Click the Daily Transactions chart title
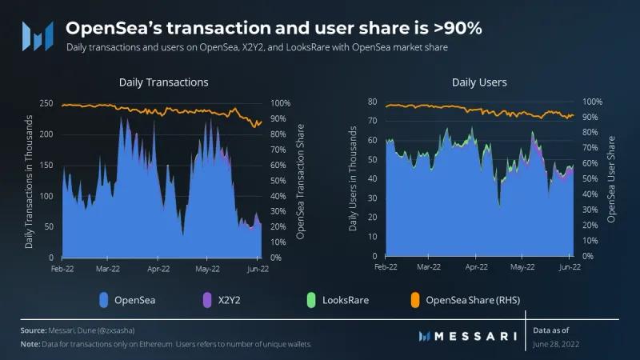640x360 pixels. click(163, 82)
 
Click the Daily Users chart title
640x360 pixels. click(479, 82)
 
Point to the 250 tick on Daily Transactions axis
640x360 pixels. click(47, 104)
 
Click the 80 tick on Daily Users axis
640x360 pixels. click(371, 102)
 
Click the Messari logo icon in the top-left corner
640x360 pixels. click(38, 34)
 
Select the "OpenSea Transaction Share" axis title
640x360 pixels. click(301, 180)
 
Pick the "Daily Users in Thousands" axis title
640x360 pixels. click(354, 178)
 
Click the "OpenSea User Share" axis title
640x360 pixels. click(612, 178)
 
